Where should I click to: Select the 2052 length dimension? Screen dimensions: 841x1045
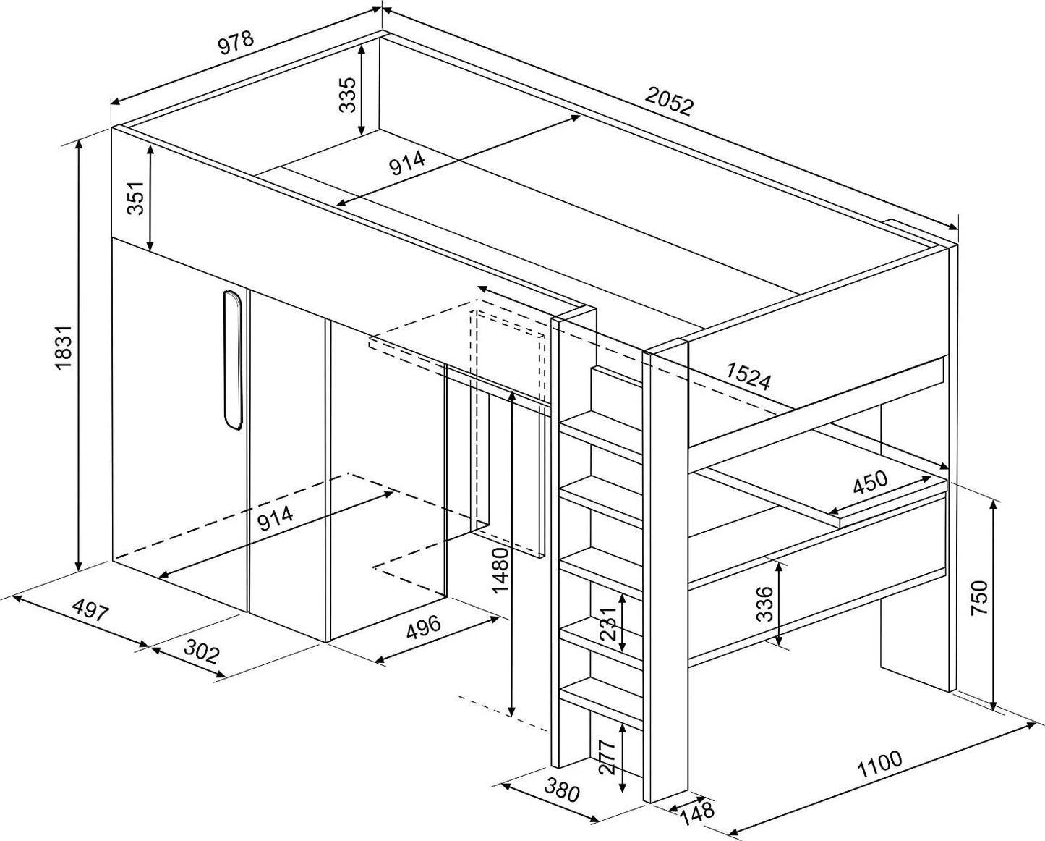[x=670, y=103]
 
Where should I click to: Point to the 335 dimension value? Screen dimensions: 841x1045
[x=348, y=94]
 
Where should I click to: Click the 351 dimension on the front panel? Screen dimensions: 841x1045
[x=137, y=197]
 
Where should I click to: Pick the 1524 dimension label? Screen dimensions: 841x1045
[x=748, y=376]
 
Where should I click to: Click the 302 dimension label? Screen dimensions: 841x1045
[x=200, y=654]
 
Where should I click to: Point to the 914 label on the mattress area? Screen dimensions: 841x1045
[x=406, y=165]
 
